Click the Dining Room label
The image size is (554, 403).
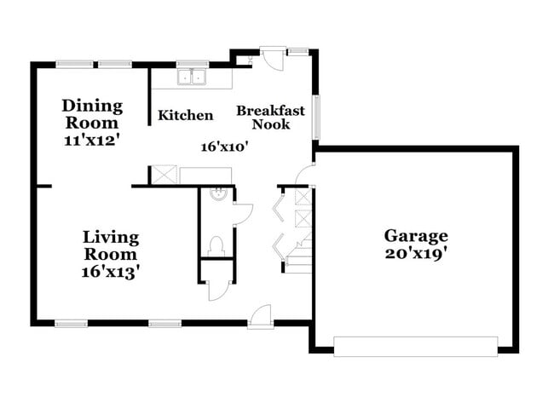point(92,115)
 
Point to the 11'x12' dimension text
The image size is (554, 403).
point(92,140)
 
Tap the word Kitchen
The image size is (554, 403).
point(187,115)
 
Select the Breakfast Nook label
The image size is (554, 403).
point(270,118)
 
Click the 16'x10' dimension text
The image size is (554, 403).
point(223,147)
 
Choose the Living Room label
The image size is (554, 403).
point(111,245)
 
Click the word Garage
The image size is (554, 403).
point(415,236)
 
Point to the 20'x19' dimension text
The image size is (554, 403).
point(415,253)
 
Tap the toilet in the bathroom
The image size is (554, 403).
point(215,246)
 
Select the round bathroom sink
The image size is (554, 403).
point(218,193)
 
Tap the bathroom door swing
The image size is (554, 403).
point(241,213)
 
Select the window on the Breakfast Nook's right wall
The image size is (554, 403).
point(316,115)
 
